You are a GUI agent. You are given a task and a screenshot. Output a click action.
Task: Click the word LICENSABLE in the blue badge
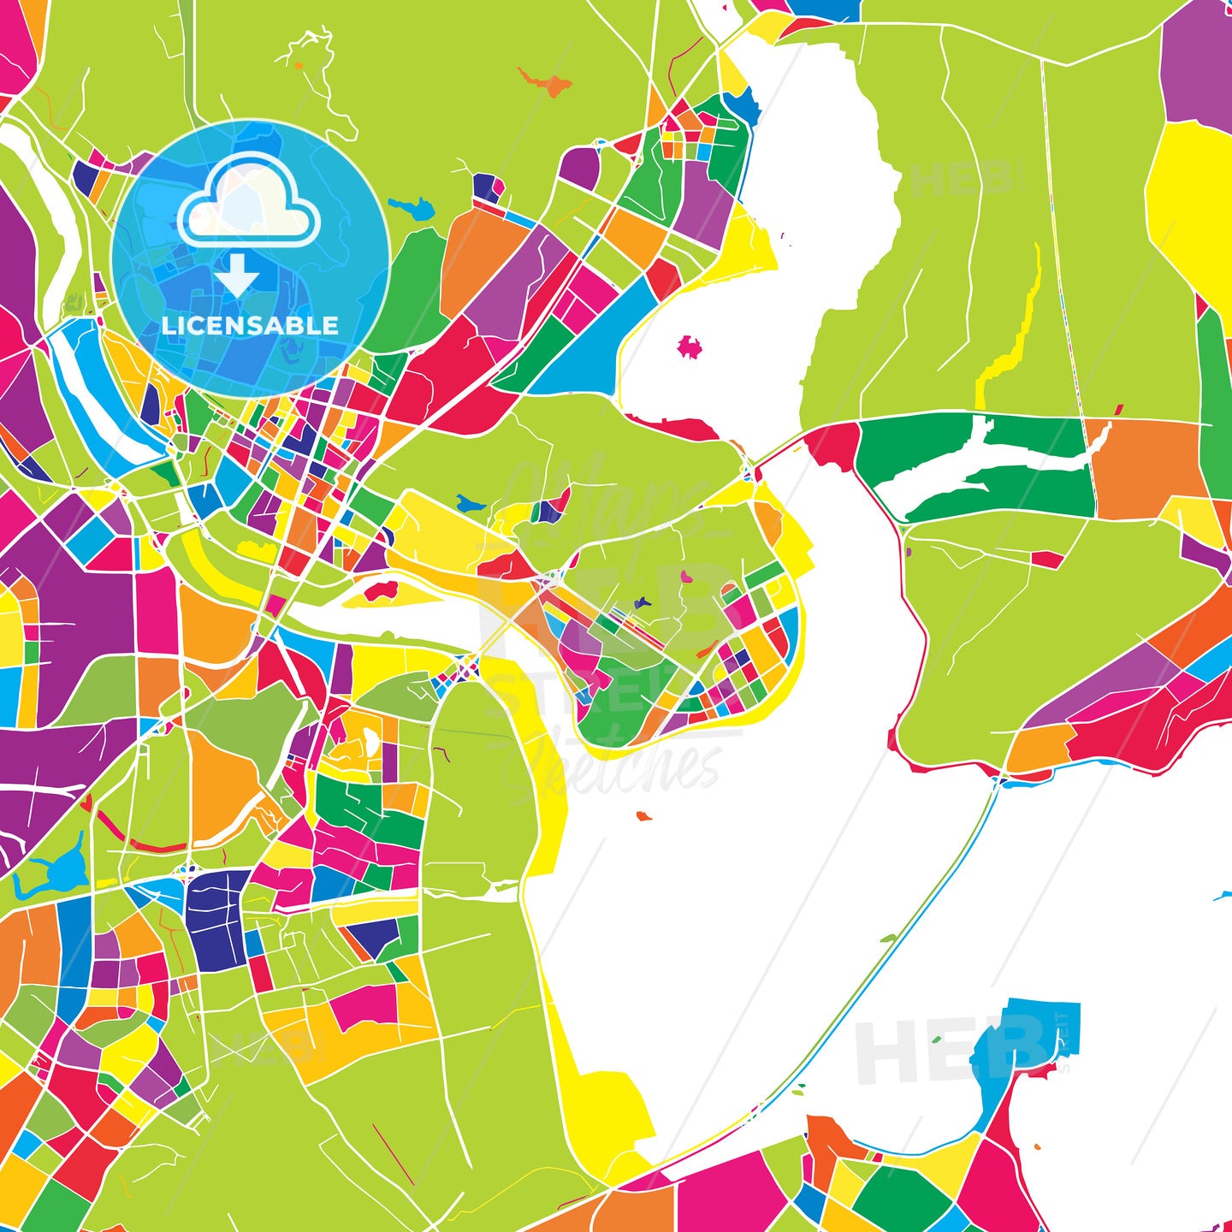(250, 325)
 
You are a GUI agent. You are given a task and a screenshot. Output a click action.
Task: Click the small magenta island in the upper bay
(689, 346)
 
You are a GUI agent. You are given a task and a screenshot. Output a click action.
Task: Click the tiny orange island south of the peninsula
(643, 816)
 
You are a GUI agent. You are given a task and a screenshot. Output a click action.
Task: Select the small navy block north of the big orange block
(485, 187)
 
